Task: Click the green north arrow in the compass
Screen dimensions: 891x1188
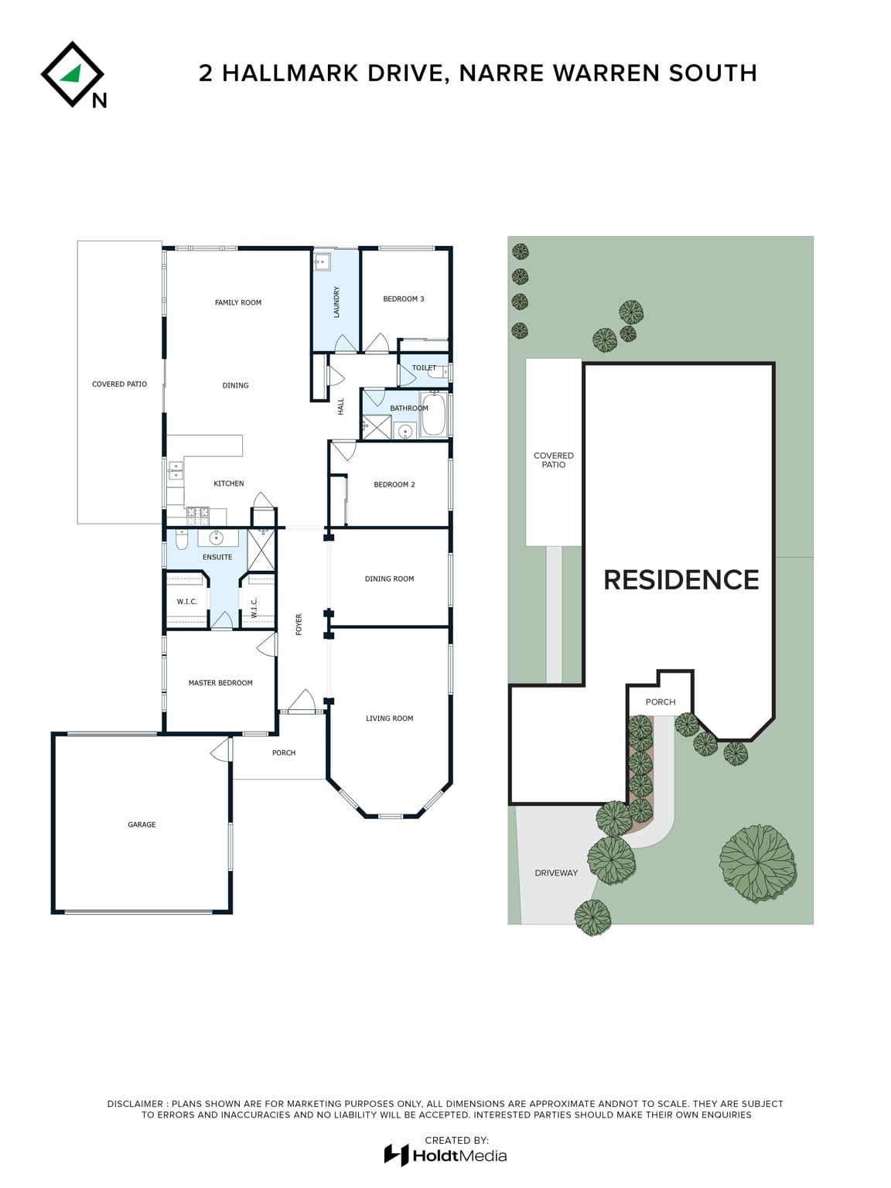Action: point(72,73)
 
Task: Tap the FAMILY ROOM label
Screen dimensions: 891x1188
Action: point(238,302)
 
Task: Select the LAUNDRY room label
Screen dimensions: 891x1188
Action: point(336,302)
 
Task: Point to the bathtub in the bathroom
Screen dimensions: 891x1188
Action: point(434,415)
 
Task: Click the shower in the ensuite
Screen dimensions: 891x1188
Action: point(261,550)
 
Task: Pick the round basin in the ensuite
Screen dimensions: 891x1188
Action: point(217,538)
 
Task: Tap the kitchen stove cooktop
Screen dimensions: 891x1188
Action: point(198,516)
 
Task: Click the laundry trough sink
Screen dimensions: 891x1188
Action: point(321,261)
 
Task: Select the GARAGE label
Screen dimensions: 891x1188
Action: point(142,824)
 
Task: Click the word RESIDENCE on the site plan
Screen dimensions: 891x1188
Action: point(681,579)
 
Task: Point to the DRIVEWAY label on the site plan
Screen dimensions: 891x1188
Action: point(556,873)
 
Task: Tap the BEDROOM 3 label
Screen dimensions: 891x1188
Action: point(404,299)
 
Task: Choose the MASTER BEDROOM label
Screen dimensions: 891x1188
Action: point(220,683)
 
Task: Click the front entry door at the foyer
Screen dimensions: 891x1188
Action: point(302,702)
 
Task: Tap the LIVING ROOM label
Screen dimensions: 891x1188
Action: point(390,719)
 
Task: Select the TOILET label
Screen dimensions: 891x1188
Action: point(424,368)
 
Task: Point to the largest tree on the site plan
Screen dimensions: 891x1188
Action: point(757,863)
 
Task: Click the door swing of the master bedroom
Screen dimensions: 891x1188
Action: point(267,645)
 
